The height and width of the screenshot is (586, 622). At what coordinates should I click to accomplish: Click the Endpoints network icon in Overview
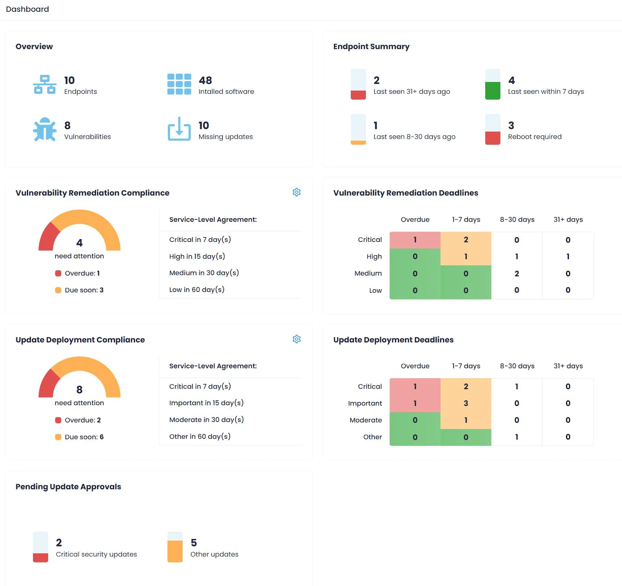45,85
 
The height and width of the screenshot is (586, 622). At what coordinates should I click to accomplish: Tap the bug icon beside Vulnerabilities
45,129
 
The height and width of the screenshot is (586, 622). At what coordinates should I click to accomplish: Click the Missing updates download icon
179,129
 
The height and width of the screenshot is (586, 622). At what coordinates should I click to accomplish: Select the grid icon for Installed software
179,85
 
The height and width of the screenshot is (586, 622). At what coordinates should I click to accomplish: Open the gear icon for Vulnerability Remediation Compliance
297,192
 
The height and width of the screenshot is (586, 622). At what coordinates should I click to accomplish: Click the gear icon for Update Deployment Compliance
297,339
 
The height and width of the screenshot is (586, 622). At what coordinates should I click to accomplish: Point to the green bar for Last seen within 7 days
493,90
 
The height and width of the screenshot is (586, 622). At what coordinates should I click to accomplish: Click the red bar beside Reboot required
493,138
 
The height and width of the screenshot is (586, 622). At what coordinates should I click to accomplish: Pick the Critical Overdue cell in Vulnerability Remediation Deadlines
415,240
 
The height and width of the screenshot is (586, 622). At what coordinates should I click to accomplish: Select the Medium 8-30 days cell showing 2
517,274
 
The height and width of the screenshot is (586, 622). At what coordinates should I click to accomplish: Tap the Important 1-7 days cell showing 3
466,403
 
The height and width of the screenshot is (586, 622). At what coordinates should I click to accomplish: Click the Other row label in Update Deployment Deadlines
372,437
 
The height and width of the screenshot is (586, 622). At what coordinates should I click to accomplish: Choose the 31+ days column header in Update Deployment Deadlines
568,366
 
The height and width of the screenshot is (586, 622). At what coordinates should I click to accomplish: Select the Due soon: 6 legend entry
79,437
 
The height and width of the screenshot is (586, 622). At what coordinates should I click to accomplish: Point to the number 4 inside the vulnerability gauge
79,243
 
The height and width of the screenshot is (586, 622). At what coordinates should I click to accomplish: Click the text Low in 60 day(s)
196,290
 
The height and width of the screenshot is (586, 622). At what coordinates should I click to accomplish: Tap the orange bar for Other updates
175,551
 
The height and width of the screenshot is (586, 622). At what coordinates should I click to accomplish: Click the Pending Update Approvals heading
68,487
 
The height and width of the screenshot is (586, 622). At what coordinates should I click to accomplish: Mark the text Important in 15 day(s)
206,403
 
